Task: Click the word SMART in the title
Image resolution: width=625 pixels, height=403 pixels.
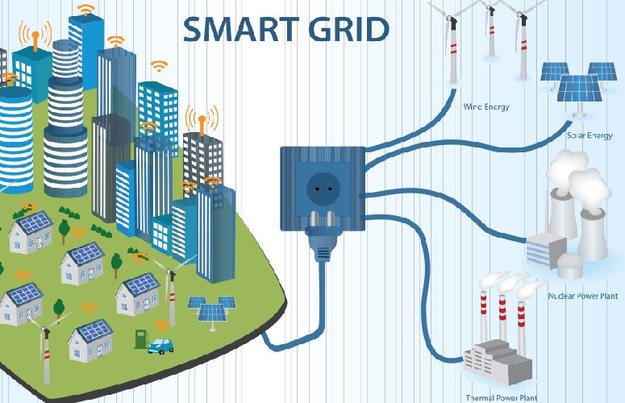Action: click(241, 30)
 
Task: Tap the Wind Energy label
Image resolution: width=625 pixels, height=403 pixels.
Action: click(486, 106)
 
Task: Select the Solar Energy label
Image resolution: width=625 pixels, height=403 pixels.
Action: click(590, 135)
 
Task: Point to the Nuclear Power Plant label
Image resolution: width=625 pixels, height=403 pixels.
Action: click(583, 296)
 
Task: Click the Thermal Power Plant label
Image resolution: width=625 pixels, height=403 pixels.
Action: click(502, 397)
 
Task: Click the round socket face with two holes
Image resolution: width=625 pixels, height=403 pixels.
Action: click(323, 189)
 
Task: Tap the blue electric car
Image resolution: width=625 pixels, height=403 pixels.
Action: click(160, 346)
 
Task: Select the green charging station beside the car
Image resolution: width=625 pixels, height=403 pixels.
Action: click(140, 339)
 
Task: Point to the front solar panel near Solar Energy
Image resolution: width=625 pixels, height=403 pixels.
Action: click(579, 89)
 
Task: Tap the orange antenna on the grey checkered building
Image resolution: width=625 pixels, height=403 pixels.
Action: click(202, 122)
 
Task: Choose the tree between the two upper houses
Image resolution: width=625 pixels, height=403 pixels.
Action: click(64, 231)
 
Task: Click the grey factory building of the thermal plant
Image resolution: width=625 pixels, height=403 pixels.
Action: click(498, 362)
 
